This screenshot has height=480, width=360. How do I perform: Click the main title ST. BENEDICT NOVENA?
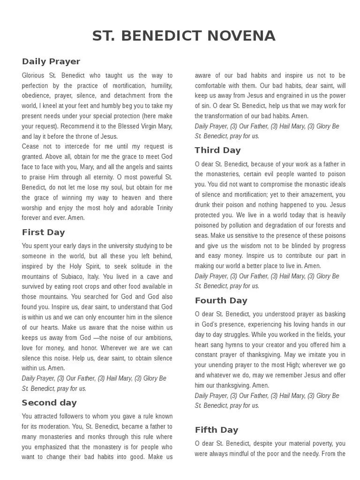(x=184, y=36)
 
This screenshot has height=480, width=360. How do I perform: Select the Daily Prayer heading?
(x=51, y=61)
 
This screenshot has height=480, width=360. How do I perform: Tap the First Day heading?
(x=43, y=232)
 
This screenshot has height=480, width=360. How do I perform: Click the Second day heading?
(x=49, y=403)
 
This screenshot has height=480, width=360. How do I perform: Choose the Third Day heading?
(x=217, y=150)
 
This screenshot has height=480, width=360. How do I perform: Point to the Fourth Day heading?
(x=221, y=300)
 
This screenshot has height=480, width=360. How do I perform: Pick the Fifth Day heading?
(x=217, y=430)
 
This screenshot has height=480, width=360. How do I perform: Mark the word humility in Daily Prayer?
(x=161, y=85)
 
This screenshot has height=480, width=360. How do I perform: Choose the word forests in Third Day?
(x=318, y=225)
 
